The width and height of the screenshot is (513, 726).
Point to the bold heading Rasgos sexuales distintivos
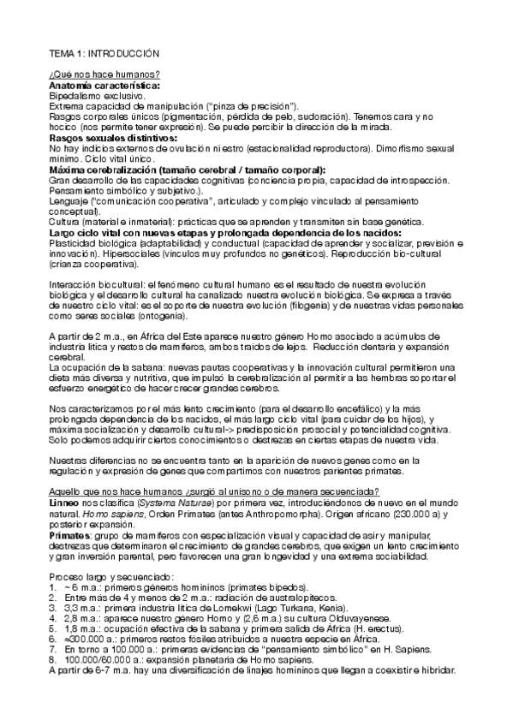click(113, 137)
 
